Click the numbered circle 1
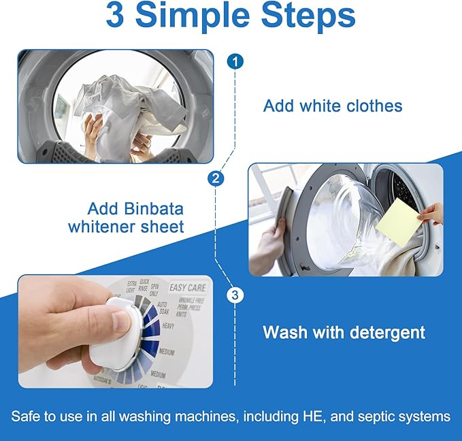[x=235, y=62]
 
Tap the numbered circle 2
[x=216, y=179]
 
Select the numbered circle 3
[x=235, y=295]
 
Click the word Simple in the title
[x=203, y=16]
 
